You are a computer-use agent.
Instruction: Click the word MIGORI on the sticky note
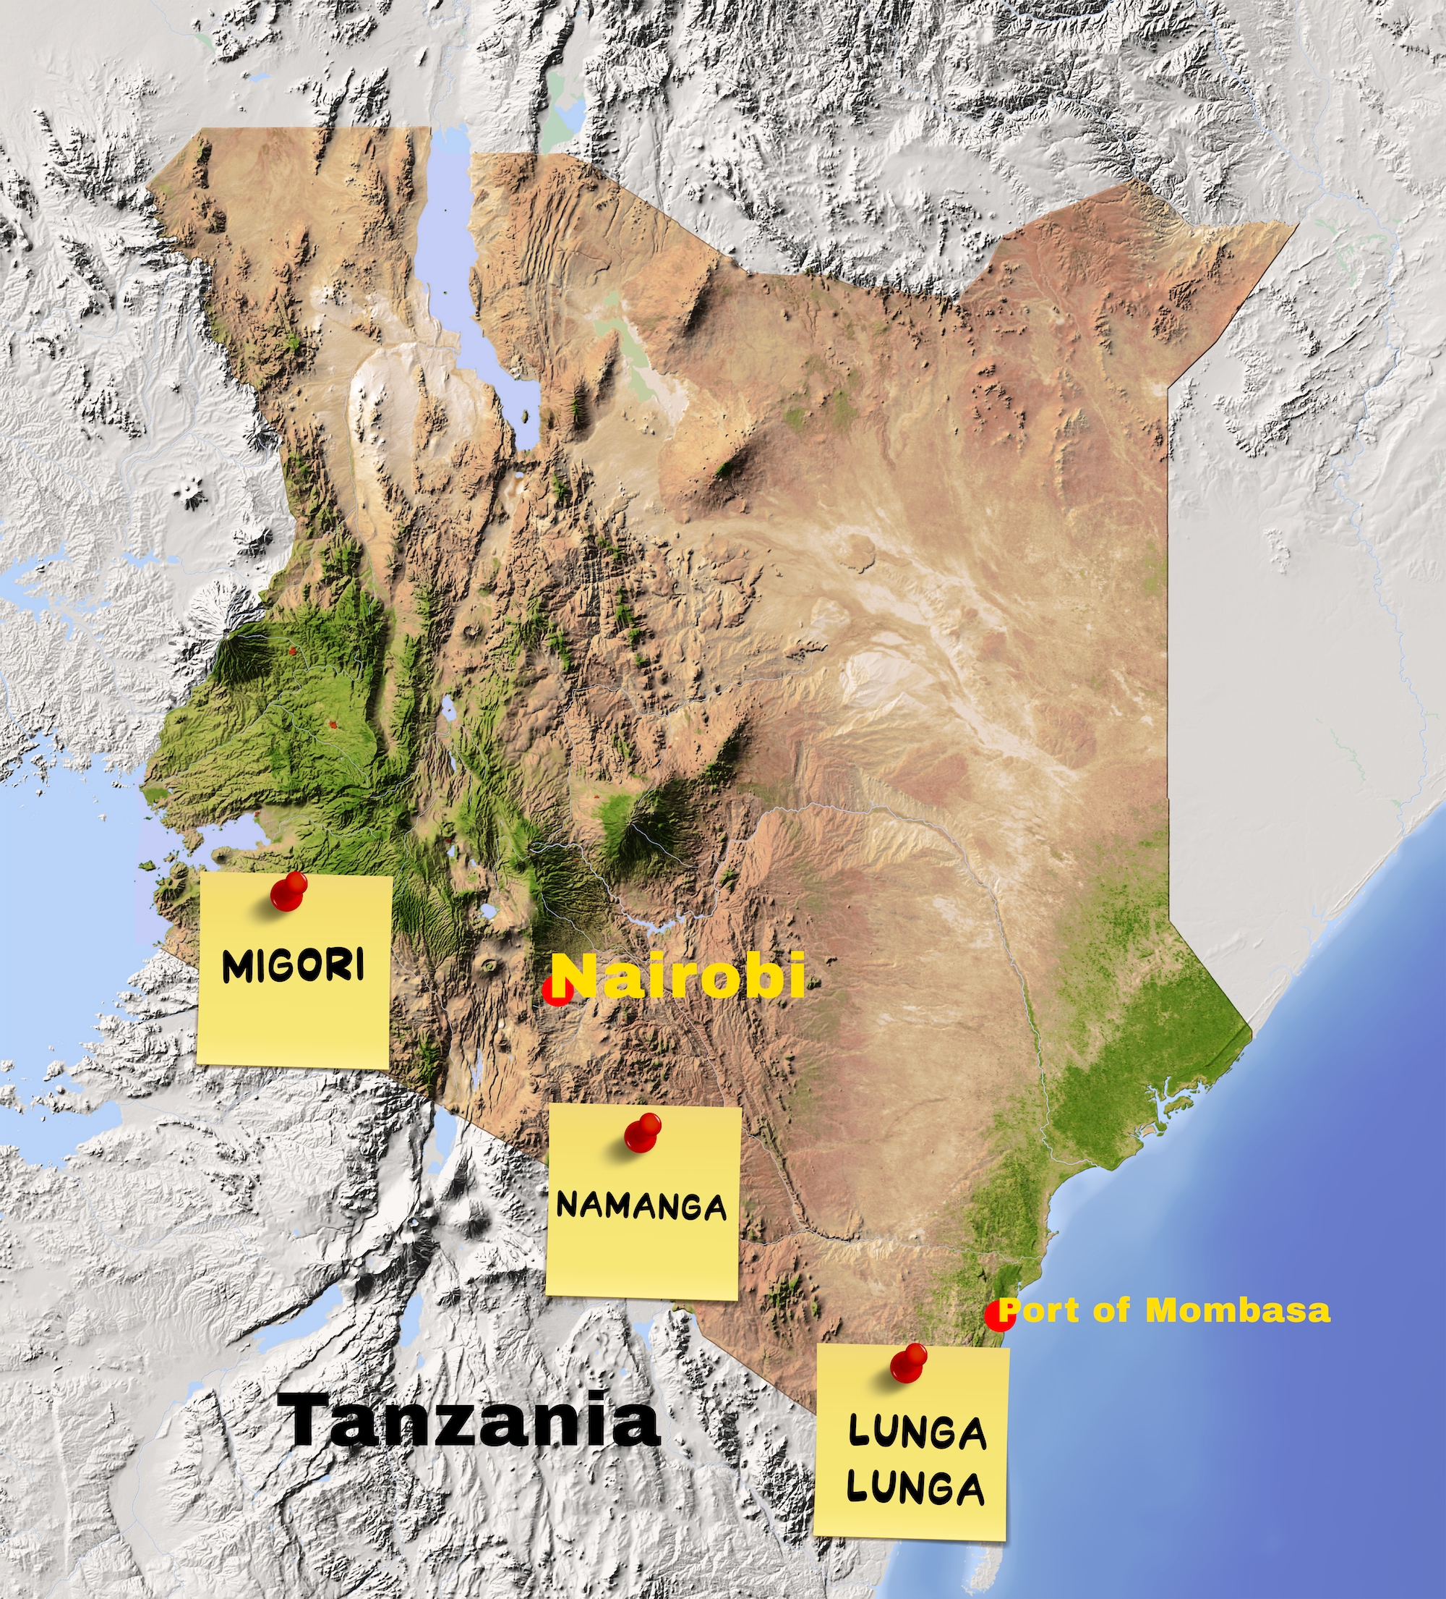tap(294, 965)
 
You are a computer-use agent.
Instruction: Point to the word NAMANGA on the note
tap(641, 1206)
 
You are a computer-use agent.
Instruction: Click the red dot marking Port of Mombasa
tap(998, 1315)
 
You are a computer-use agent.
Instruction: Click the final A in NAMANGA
tap(713, 1209)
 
